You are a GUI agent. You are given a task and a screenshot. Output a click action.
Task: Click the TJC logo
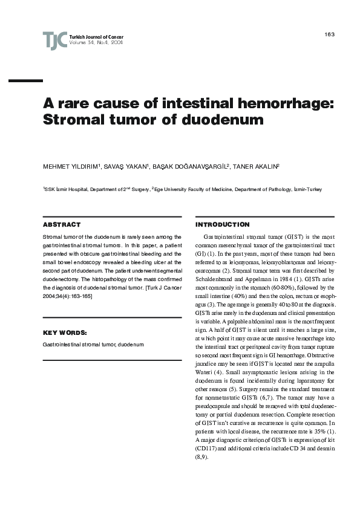tap(54, 41)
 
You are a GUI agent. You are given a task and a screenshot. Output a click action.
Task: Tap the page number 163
tap(329, 34)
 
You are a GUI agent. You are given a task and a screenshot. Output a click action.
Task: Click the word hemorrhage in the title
tap(283, 103)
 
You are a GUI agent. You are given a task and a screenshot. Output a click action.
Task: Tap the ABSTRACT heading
tap(59, 224)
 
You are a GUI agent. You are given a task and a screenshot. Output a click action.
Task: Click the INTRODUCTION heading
tap(222, 224)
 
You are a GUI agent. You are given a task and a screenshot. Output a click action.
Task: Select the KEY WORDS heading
tap(64, 332)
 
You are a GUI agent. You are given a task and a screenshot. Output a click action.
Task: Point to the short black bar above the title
tap(26, 80)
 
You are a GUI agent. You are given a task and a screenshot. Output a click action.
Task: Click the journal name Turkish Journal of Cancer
tap(97, 37)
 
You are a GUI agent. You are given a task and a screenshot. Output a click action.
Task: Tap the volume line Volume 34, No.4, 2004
tap(96, 43)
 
